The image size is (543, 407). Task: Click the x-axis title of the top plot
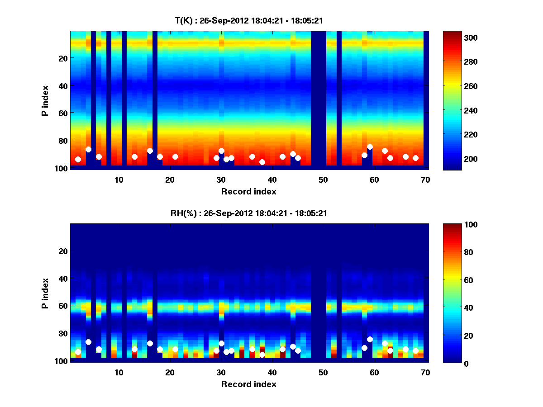(248, 191)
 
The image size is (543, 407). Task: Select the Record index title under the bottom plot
(248, 384)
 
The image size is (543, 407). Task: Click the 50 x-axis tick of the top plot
(323, 180)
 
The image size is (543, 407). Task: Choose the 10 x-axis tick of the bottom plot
(119, 372)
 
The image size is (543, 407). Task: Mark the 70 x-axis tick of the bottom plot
(425, 372)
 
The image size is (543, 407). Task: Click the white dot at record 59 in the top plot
(370, 147)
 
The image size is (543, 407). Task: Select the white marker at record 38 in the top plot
(262, 162)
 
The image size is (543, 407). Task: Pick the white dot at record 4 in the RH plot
(88, 342)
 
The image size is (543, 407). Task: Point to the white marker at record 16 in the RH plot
(150, 343)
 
